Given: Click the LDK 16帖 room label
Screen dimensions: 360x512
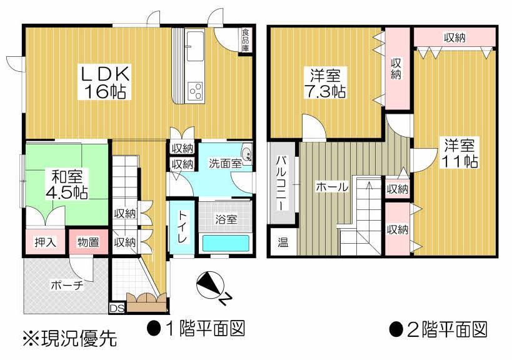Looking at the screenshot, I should point(104,83).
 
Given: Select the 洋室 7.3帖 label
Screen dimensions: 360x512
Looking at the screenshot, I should point(326,84).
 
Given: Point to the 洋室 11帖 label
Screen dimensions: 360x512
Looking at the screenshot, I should point(461,153).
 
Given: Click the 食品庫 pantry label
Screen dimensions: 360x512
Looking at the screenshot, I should point(247,39).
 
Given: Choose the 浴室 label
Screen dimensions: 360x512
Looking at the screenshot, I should point(226,219).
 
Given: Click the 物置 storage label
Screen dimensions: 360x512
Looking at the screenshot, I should point(88,242).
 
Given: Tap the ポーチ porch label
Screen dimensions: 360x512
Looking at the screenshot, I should point(67,286).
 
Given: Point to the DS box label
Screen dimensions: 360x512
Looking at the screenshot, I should point(117,308).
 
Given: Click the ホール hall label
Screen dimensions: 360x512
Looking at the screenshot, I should point(330,186).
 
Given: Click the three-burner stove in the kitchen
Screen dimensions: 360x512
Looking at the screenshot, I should point(195,91).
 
